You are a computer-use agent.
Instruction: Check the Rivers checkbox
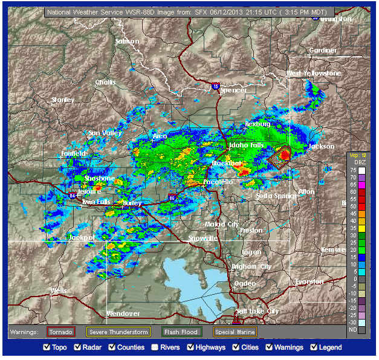pyautogui.click(x=155, y=347)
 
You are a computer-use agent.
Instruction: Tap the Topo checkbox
pyautogui.click(x=47, y=347)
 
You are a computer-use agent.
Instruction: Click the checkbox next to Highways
pyautogui.click(x=192, y=347)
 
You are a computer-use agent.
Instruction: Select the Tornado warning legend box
pyautogui.click(x=60, y=332)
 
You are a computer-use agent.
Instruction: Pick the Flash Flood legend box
pyautogui.click(x=181, y=332)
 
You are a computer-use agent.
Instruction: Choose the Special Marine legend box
pyautogui.click(x=235, y=332)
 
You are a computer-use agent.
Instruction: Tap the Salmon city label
pyautogui.click(x=127, y=42)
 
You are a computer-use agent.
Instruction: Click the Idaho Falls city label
pyautogui.click(x=245, y=146)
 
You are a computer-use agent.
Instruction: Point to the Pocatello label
pyautogui.click(x=218, y=182)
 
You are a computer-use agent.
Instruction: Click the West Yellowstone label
pyautogui.click(x=313, y=73)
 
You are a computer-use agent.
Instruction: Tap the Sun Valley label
pyautogui.click(x=105, y=133)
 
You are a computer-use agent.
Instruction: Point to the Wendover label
pyautogui.click(x=123, y=313)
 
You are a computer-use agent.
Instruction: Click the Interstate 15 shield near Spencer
pyautogui.click(x=216, y=86)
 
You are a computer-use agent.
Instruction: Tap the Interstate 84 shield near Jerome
pyautogui.click(x=73, y=195)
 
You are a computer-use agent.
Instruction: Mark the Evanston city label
pyautogui.click(x=309, y=282)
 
